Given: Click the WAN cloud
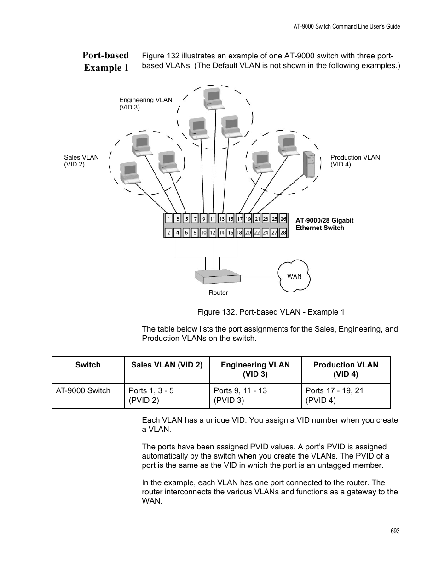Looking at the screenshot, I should [x=295, y=276].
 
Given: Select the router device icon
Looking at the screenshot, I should [x=217, y=277].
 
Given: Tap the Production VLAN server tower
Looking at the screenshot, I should [x=309, y=164].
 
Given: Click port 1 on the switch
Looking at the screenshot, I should [x=169, y=219].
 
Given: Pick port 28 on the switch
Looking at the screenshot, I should [x=283, y=233].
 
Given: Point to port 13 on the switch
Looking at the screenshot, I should [x=221, y=219].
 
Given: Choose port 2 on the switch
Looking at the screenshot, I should [x=169, y=233].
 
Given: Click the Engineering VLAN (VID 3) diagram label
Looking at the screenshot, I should [x=145, y=103].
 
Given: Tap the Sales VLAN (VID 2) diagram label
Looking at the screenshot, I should [x=81, y=161].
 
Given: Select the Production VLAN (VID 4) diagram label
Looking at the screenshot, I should [x=355, y=161].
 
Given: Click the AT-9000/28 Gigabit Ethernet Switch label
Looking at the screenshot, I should [x=324, y=224].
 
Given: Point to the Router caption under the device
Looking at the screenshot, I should [x=218, y=293].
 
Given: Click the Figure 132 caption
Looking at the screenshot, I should [x=271, y=312].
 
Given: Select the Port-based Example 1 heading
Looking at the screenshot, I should [x=106, y=61].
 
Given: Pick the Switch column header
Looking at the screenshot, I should [x=88, y=365].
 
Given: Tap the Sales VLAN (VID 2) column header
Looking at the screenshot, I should [x=167, y=365].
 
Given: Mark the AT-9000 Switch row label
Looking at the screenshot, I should [x=83, y=390].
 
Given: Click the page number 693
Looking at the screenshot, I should [x=395, y=531].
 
